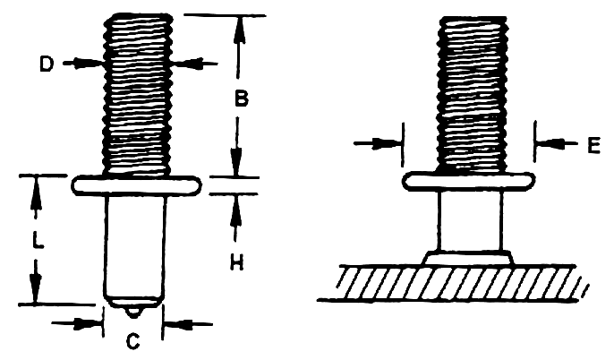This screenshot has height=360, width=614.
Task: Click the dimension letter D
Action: click(48, 64)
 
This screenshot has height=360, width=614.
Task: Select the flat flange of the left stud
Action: click(136, 185)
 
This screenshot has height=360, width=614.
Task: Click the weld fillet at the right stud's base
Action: click(468, 258)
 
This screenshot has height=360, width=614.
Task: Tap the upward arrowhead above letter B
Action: click(238, 24)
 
